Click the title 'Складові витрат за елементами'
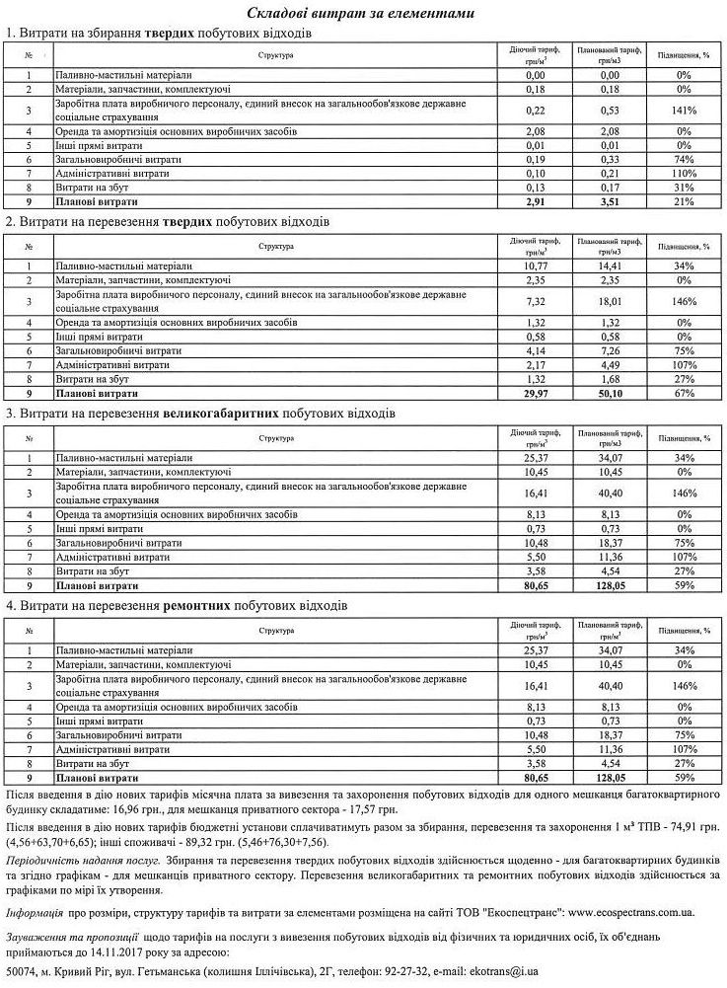362,13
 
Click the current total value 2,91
536,201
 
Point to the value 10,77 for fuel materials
536,266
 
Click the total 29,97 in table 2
536,392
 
